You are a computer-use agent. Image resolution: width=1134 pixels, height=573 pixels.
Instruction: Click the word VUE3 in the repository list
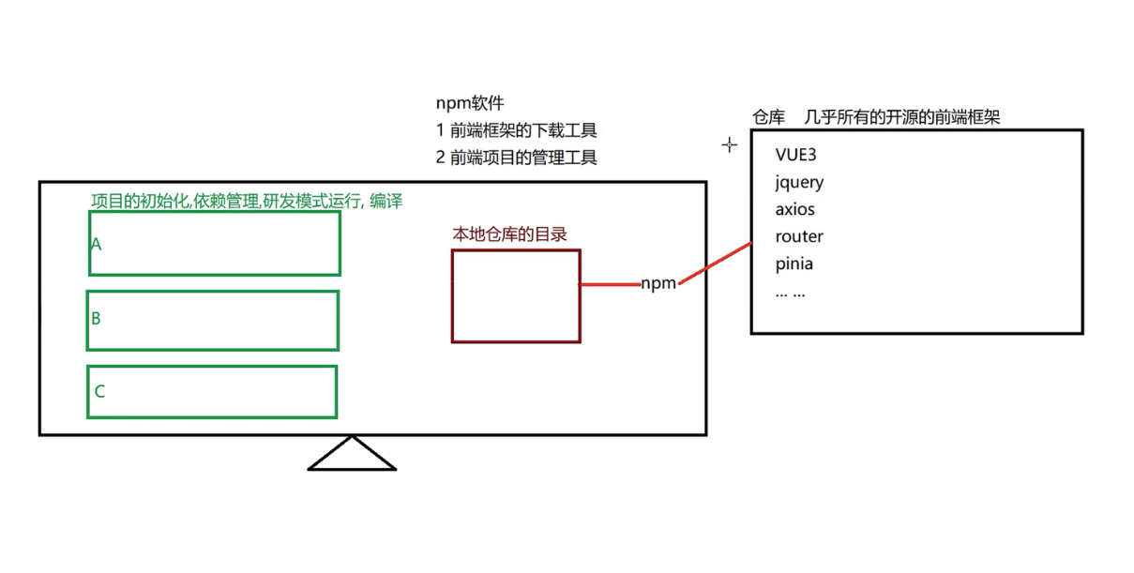click(796, 155)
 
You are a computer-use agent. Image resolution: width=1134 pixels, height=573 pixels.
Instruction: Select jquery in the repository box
click(799, 183)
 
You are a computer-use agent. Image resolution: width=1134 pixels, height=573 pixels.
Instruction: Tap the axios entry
click(795, 209)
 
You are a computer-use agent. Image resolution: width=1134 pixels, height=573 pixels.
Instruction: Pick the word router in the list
click(799, 236)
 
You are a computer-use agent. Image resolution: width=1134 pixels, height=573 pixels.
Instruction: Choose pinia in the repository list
click(794, 264)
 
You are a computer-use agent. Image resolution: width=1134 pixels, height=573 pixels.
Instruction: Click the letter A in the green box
click(96, 244)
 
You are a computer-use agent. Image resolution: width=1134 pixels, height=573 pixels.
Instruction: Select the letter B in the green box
click(96, 318)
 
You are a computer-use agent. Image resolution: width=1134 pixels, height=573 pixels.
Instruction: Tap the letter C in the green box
click(99, 391)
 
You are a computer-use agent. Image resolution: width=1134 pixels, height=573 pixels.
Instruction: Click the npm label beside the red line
click(658, 283)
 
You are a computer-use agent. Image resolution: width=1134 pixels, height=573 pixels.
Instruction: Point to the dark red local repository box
click(516, 295)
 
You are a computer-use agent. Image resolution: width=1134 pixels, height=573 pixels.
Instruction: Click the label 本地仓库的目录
click(510, 234)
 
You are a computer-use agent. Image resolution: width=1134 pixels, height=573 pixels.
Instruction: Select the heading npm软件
click(470, 103)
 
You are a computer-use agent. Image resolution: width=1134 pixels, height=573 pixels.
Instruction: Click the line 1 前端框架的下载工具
click(517, 130)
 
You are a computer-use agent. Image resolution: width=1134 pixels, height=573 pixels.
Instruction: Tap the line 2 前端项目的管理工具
click(517, 158)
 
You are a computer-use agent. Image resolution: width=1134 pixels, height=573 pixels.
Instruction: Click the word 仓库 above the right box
click(768, 117)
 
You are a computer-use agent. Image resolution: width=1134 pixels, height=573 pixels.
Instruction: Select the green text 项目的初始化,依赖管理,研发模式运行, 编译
click(247, 201)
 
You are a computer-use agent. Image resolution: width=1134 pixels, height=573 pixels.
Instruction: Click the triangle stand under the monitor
click(352, 455)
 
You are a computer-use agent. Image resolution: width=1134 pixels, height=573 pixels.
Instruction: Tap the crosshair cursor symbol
click(729, 145)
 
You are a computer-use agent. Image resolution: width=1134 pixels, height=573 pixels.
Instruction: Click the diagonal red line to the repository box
click(716, 263)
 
